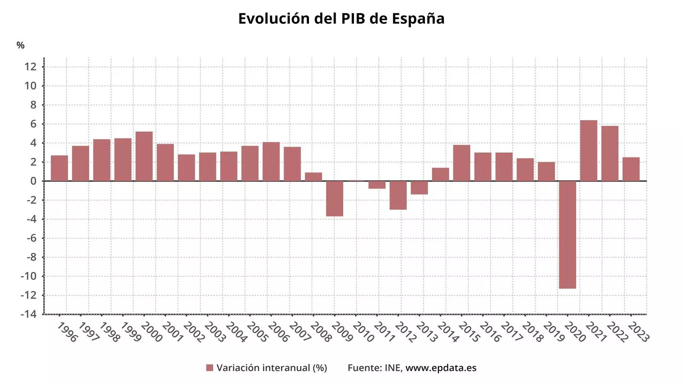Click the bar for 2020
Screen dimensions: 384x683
coord(567,235)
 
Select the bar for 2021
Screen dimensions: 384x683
coord(589,151)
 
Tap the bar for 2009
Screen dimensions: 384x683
coord(335,198)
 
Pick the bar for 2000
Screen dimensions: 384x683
coord(144,156)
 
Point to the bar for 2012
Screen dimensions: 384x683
coord(398,195)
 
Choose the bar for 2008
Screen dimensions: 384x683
coord(313,177)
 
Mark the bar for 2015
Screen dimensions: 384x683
coord(461,163)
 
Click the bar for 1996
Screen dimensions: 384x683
coord(59,168)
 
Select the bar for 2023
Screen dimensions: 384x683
coord(631,169)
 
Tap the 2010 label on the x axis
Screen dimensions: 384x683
coord(363,332)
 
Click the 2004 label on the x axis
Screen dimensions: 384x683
coord(236,332)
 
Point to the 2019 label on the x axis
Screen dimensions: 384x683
coord(553,332)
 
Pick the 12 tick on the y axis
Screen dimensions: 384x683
coord(30,67)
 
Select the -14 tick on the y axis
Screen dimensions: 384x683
coord(29,314)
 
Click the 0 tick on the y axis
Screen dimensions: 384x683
coord(33,181)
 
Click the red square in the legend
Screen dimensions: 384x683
coord(210,368)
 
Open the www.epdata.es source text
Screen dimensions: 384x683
coord(441,368)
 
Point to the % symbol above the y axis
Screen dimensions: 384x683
coord(20,45)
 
